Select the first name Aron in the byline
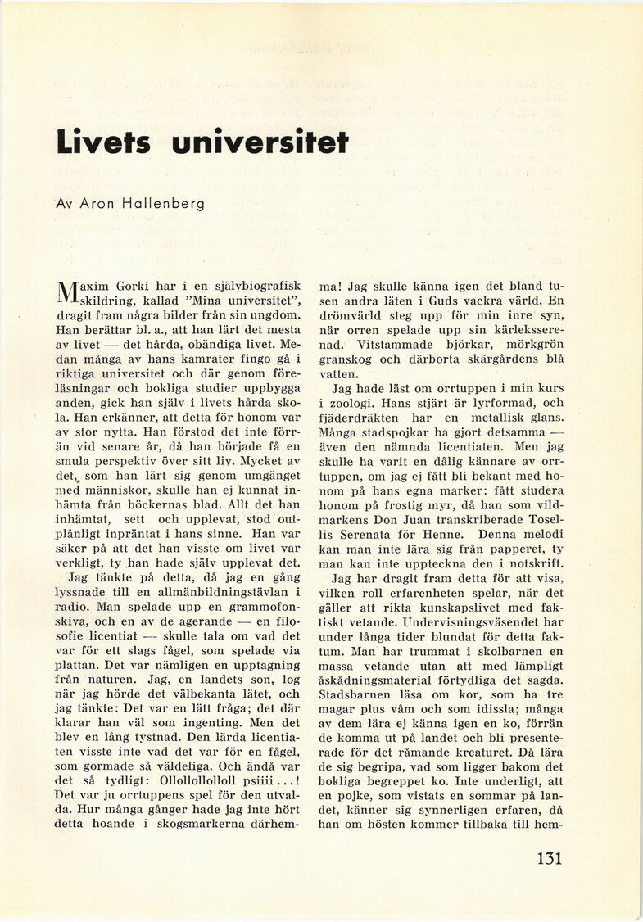point(98,203)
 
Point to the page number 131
point(550,858)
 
